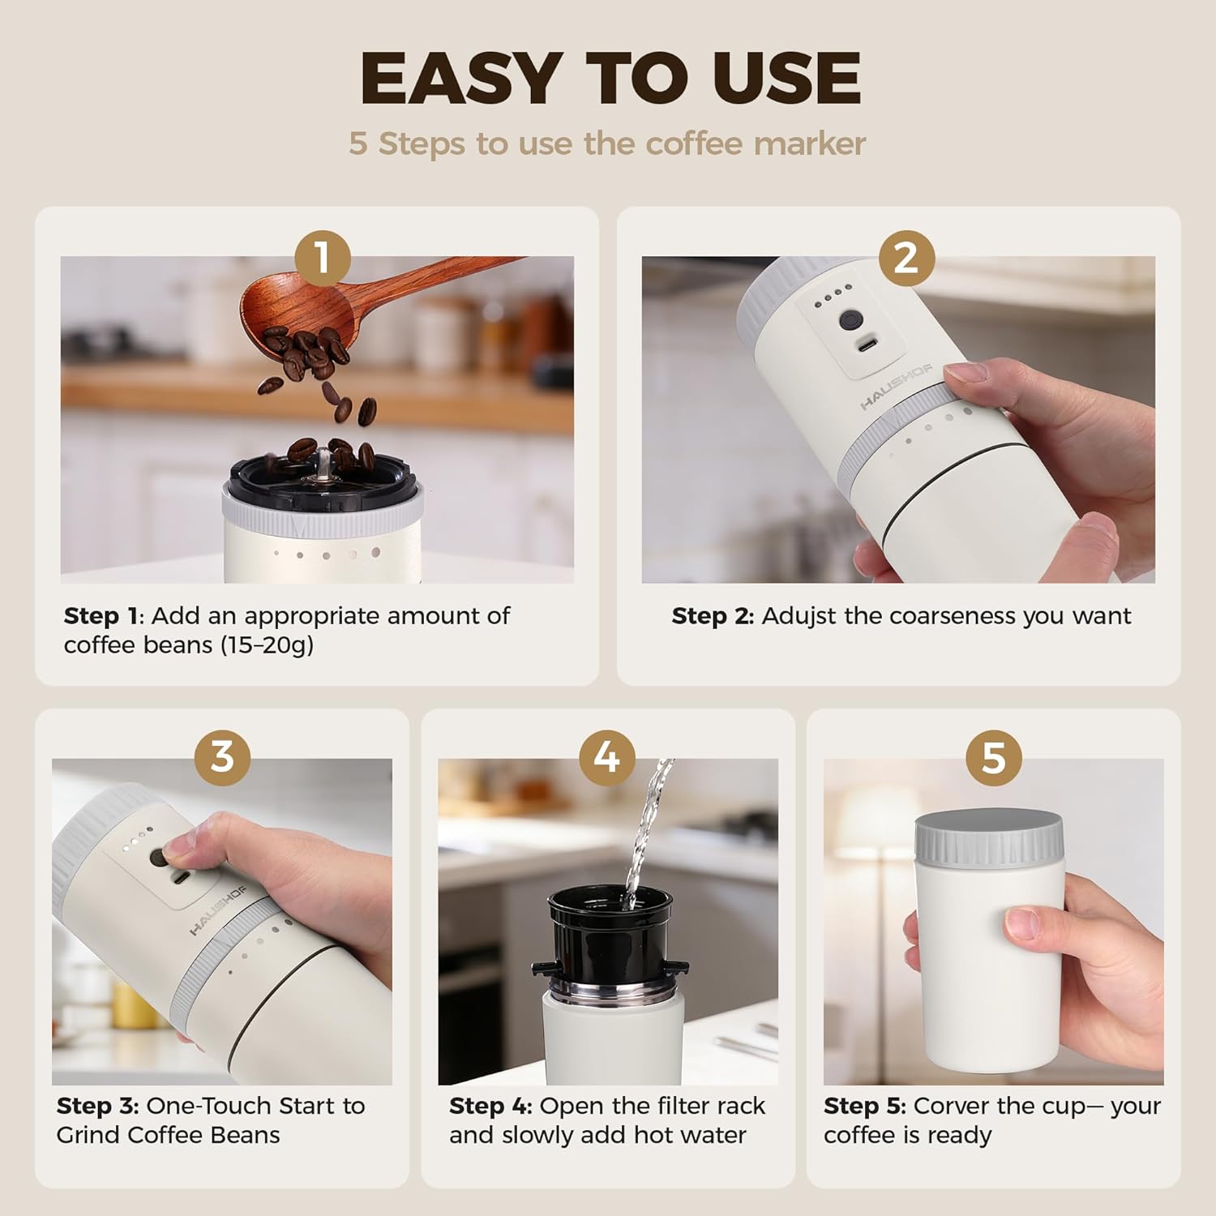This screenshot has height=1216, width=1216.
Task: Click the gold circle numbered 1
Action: pyautogui.click(x=323, y=258)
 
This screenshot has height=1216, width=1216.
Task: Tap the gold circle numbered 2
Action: pyautogui.click(x=906, y=258)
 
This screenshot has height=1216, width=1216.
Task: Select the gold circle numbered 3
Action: pyautogui.click(x=222, y=757)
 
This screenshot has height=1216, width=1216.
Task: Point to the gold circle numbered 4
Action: pyautogui.click(x=607, y=757)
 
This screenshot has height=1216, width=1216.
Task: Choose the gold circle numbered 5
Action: pyautogui.click(x=994, y=757)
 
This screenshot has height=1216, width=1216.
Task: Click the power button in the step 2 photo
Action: pyautogui.click(x=850, y=319)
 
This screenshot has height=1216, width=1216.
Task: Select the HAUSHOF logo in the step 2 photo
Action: pyautogui.click(x=896, y=387)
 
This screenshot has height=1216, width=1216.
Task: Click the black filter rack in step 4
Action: pyautogui.click(x=610, y=932)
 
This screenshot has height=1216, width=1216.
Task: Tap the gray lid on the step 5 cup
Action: pyautogui.click(x=989, y=837)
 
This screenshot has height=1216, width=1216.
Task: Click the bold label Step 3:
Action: pyautogui.click(x=97, y=1106)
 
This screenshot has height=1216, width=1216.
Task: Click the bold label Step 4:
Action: pyautogui.click(x=490, y=1106)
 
